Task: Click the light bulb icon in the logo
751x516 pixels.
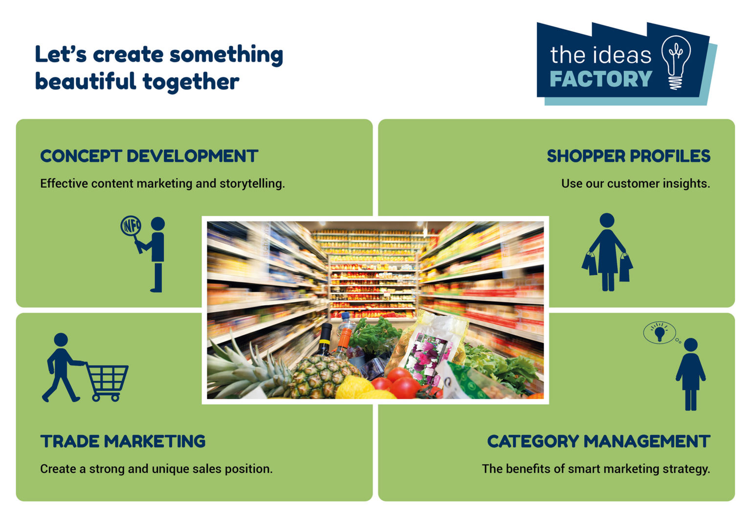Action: (x=676, y=62)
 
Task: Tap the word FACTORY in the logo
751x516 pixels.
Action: (x=601, y=79)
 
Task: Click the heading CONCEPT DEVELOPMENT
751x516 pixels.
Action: (x=149, y=156)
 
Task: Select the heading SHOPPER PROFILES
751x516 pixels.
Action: (x=628, y=156)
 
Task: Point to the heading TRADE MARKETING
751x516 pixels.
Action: (x=123, y=441)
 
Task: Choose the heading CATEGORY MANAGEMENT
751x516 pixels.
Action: (x=598, y=441)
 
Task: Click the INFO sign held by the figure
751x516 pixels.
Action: (x=131, y=226)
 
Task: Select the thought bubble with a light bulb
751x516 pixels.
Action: (x=660, y=333)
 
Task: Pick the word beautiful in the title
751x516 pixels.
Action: (x=85, y=81)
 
